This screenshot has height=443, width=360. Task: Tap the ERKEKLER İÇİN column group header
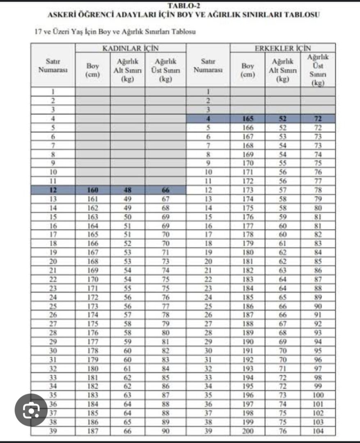[x=282, y=48]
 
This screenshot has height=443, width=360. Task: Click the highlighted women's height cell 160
[x=92, y=190]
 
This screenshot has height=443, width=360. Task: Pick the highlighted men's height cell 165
[x=248, y=119]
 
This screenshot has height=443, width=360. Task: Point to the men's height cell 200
[x=248, y=431]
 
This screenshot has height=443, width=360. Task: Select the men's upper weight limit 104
[x=318, y=431]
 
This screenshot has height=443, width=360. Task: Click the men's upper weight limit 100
[x=318, y=395]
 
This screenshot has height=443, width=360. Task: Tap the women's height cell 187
[x=92, y=431]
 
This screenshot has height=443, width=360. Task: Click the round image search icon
[x=30, y=409]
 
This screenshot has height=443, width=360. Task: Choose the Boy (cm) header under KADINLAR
[x=92, y=70]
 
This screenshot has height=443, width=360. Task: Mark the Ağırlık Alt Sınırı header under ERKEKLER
[x=282, y=70]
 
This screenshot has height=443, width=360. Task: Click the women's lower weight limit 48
[x=127, y=190]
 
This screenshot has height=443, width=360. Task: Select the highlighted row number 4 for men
[x=208, y=119]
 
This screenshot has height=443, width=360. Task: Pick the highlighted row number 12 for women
[x=53, y=190]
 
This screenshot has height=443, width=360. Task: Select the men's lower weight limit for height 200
[x=282, y=431]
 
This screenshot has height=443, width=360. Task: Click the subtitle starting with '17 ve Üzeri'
[x=115, y=32]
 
